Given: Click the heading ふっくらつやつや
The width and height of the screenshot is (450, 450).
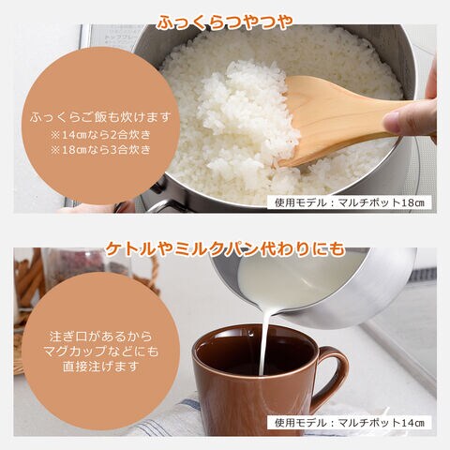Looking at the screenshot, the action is point(225,22).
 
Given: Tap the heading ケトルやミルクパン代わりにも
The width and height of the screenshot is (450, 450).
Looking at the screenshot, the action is point(225,249).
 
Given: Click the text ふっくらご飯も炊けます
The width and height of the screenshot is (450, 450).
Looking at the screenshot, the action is point(100,117).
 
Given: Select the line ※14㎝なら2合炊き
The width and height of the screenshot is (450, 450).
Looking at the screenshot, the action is point(100,135).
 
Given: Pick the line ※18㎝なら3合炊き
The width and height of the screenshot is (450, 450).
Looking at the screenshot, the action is point(100,150).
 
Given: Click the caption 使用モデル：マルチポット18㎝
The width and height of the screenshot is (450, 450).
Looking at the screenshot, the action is point(350,202).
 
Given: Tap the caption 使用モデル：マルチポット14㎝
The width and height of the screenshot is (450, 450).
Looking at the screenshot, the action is point(350,423).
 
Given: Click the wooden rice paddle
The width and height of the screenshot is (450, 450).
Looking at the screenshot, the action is point(344,119).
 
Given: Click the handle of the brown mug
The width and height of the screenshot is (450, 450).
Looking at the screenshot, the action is point(335,368).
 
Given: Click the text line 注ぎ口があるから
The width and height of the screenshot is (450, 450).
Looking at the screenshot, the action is point(100,337).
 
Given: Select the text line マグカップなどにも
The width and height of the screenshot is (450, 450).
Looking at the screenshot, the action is point(100,352).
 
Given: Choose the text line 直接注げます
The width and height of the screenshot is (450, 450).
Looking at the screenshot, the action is point(100,367).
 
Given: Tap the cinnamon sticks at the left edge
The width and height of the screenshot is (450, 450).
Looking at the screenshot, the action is point(29,281).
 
